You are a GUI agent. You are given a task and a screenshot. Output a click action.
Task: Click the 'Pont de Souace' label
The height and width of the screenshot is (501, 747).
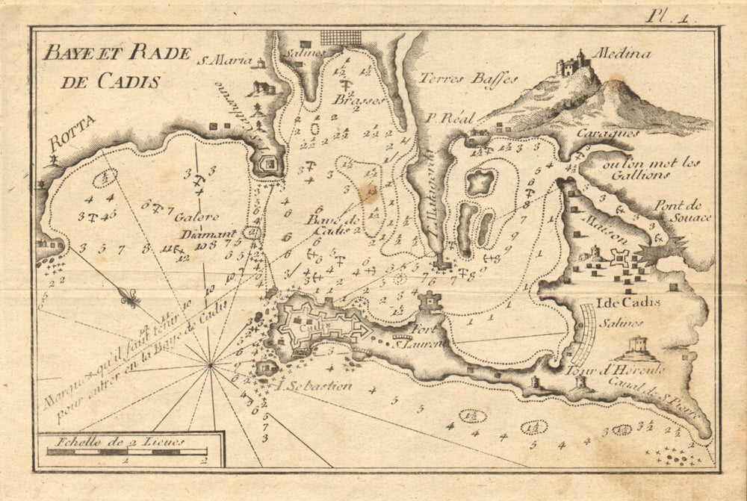tap(683, 211)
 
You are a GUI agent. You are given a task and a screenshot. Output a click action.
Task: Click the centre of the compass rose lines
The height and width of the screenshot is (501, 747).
tap(211, 365)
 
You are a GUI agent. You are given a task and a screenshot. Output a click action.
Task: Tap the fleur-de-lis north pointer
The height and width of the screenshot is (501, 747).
tap(130, 298)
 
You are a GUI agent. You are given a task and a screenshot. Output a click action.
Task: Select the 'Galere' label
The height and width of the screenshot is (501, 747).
tap(197, 217)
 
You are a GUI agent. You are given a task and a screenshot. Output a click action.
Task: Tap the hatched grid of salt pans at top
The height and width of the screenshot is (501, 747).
tap(341, 38)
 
